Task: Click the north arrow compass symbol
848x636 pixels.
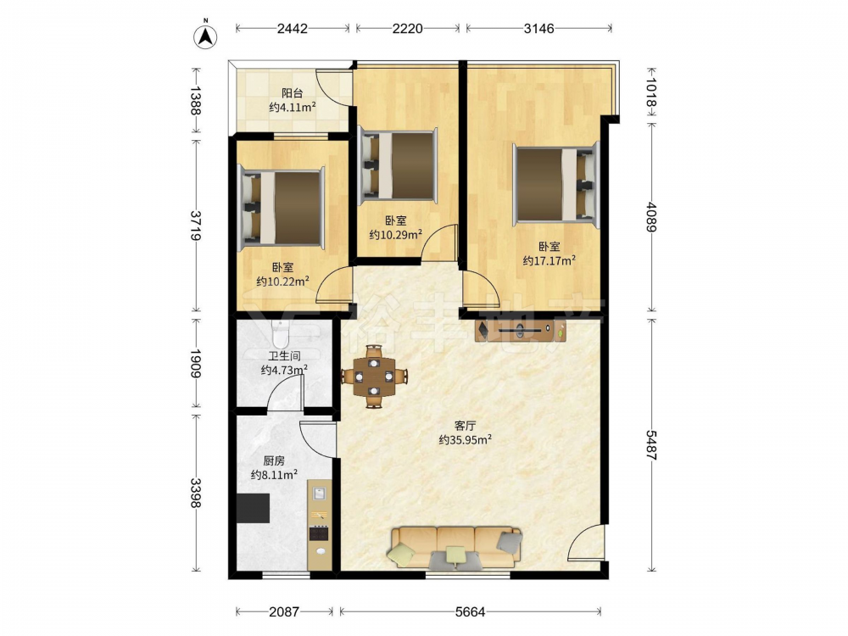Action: tap(205, 34)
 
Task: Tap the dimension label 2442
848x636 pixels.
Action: tap(292, 28)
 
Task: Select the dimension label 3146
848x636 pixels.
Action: tap(538, 28)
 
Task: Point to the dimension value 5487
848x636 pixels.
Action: tap(651, 445)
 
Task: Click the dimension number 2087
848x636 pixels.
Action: tap(284, 611)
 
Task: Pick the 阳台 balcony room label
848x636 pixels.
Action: tap(292, 93)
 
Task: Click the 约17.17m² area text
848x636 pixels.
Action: tap(549, 260)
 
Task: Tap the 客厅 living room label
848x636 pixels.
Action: tap(465, 426)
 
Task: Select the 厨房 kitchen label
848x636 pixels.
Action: tap(274, 460)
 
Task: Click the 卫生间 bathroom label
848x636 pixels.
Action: tap(284, 356)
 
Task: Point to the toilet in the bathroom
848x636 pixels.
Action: tap(281, 333)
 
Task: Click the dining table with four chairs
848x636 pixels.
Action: tap(374, 377)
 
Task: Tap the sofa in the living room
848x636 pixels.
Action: tap(455, 547)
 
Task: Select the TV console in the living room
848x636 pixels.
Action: tap(521, 330)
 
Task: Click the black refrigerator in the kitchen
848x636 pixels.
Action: tap(253, 508)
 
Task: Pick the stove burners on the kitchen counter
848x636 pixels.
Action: tap(319, 533)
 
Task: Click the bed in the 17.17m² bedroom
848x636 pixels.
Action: tap(556, 185)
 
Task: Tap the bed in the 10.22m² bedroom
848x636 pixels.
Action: tap(282, 207)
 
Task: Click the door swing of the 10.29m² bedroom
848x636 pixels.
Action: tap(439, 241)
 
